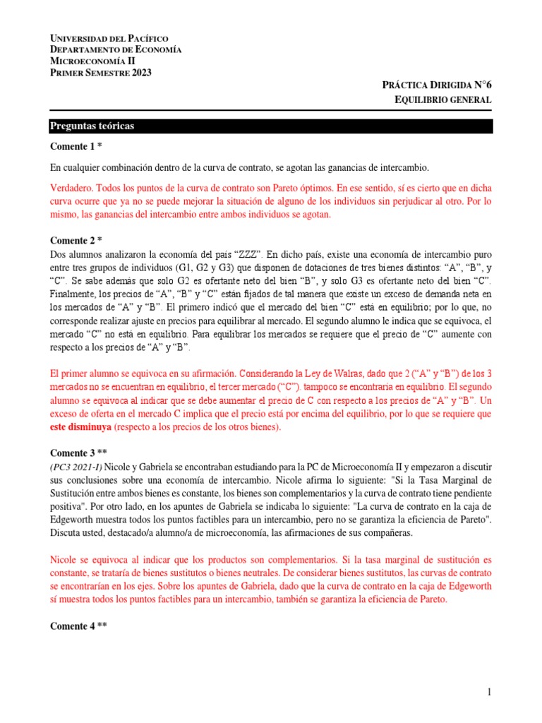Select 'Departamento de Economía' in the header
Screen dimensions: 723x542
pos(116,49)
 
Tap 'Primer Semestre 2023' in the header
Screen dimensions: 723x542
pos(101,73)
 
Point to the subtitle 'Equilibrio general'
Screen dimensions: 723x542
pos(442,100)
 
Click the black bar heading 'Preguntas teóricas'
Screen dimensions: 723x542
pos(92,126)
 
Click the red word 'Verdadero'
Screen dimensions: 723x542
pos(71,189)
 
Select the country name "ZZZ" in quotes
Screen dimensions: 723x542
pos(248,253)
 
